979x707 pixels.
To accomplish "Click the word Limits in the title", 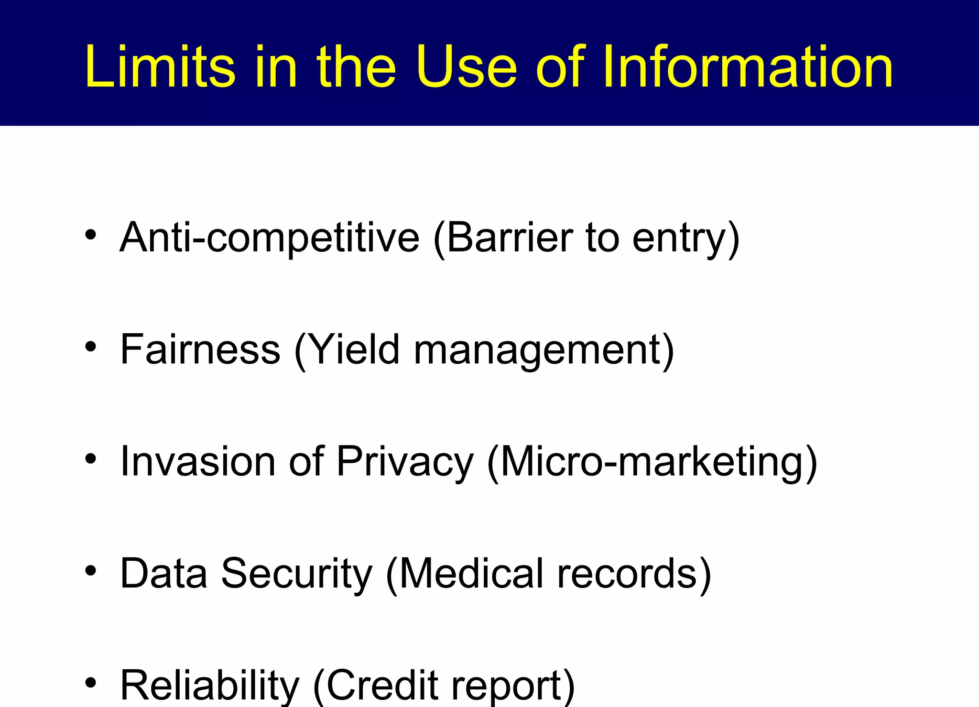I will [160, 67].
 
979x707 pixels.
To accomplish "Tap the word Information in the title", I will [747, 67].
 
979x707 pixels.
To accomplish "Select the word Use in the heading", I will [466, 67].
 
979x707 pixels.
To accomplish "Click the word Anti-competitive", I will [270, 238].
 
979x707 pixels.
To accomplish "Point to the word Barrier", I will [504, 238].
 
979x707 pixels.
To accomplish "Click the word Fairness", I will [200, 349].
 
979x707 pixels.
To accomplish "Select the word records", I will [627, 573].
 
